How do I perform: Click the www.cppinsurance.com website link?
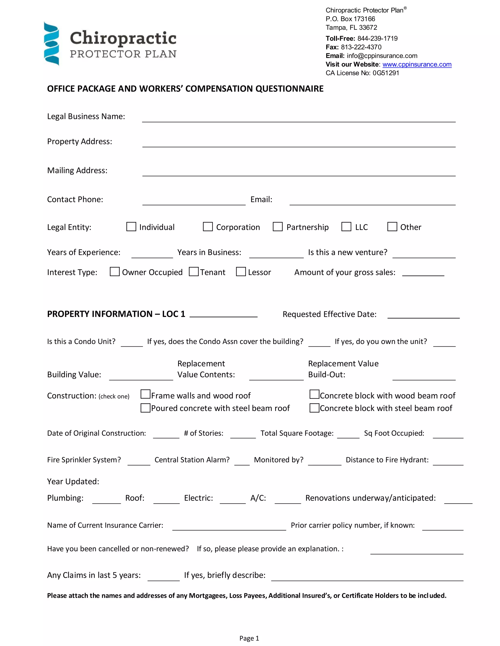click(417, 65)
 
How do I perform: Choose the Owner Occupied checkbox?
click(115, 272)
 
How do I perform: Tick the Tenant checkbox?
click(194, 272)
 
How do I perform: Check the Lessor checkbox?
click(241, 272)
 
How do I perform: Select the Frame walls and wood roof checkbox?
click(146, 394)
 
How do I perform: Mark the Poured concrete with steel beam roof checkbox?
click(146, 408)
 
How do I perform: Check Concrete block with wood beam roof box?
click(314, 394)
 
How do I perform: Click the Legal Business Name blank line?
click(299, 118)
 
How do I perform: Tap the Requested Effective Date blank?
click(423, 315)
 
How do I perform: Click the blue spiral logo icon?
click(51, 43)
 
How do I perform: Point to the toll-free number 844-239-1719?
click(377, 39)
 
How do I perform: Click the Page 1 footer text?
click(249, 638)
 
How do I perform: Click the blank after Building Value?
click(141, 376)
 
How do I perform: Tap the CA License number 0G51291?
click(386, 73)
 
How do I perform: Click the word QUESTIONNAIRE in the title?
click(289, 89)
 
